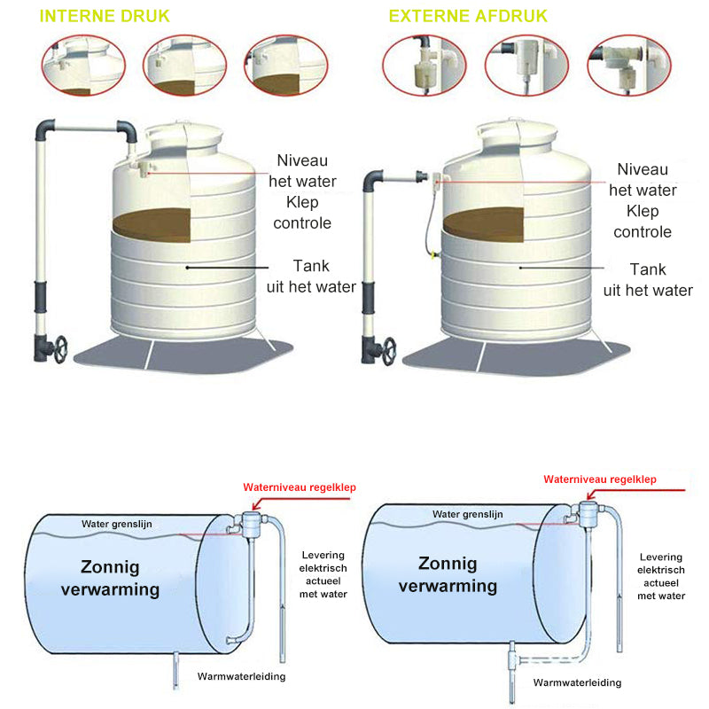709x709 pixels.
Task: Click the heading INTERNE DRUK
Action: click(105, 17)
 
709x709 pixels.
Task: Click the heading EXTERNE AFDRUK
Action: click(468, 17)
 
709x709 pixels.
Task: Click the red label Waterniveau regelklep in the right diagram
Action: click(600, 479)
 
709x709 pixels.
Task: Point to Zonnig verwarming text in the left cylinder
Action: click(111, 578)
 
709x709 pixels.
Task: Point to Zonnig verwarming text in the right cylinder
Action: click(448, 575)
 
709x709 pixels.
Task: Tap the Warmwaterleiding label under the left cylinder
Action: click(242, 676)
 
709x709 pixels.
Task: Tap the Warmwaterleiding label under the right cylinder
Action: click(577, 682)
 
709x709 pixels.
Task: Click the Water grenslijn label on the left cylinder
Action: click(117, 524)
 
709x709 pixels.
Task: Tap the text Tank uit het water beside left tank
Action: click(311, 277)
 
